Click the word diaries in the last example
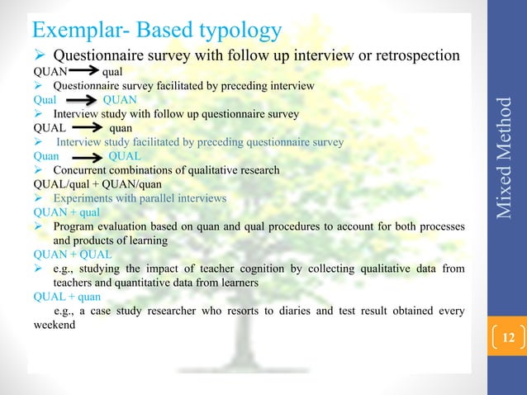coord(278,311)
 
